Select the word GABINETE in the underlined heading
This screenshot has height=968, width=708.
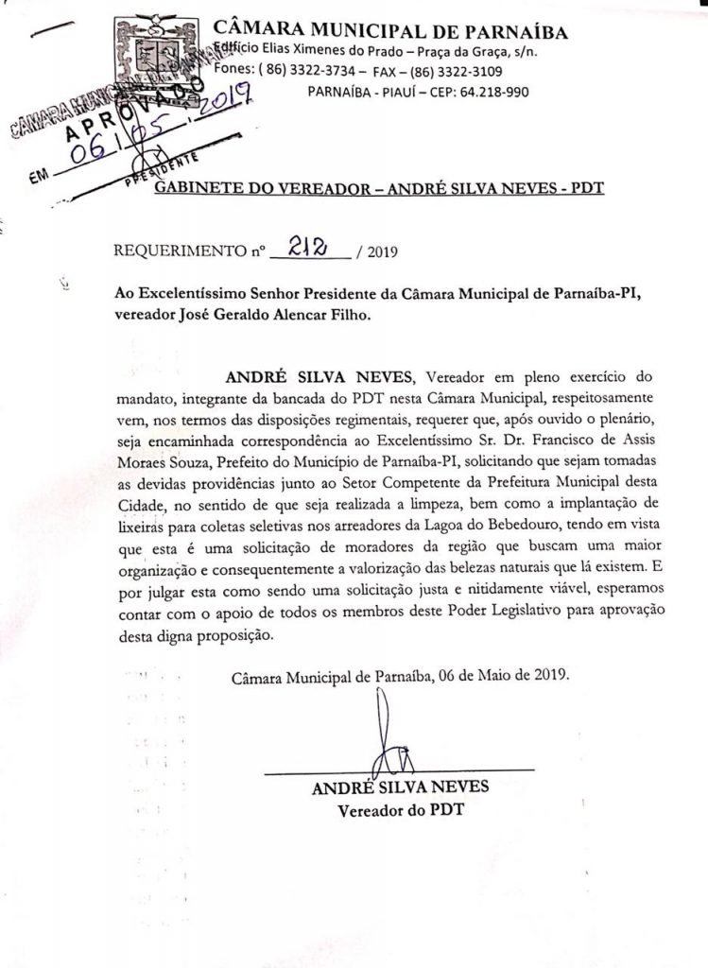pos(198,188)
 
